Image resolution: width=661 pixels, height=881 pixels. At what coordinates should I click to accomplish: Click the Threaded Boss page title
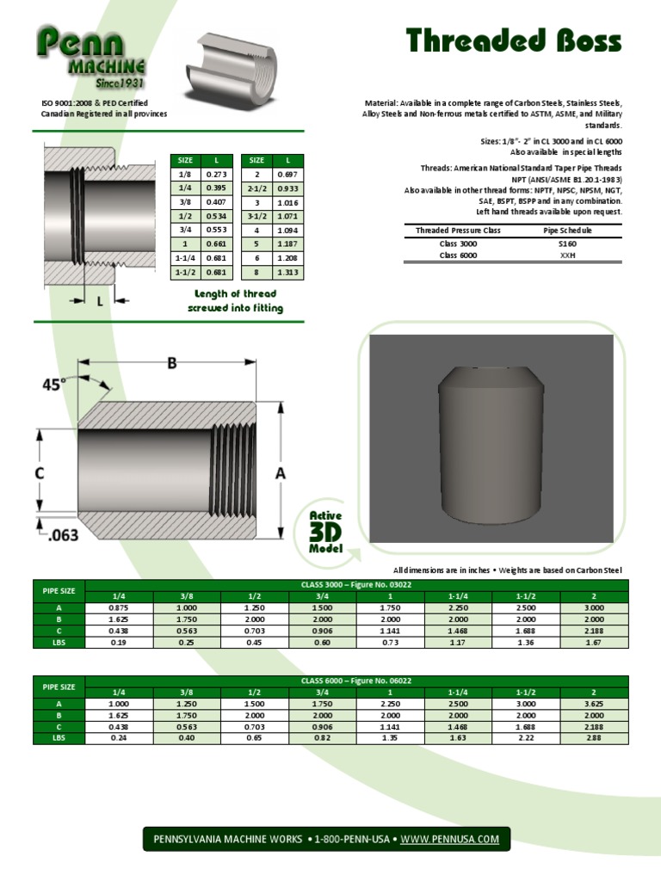(x=514, y=41)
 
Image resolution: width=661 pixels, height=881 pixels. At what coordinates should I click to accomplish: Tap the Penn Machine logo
(x=90, y=59)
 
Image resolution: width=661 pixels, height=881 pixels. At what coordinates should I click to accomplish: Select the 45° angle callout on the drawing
(x=53, y=385)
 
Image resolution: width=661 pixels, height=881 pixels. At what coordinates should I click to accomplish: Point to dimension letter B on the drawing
(x=172, y=364)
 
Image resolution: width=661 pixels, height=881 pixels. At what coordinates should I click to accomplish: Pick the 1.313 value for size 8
(x=287, y=273)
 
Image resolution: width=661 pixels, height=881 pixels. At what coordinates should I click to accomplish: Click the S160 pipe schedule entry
(x=567, y=243)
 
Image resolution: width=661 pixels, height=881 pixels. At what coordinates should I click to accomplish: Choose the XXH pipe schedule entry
(x=567, y=256)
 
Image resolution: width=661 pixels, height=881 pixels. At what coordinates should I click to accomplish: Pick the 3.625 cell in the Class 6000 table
(x=594, y=704)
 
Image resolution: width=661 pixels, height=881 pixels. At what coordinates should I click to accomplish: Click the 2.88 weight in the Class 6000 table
(x=594, y=737)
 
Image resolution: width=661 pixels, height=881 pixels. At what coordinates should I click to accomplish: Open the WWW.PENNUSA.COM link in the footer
(x=449, y=839)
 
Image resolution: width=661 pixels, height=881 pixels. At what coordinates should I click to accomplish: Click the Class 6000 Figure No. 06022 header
(x=356, y=681)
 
